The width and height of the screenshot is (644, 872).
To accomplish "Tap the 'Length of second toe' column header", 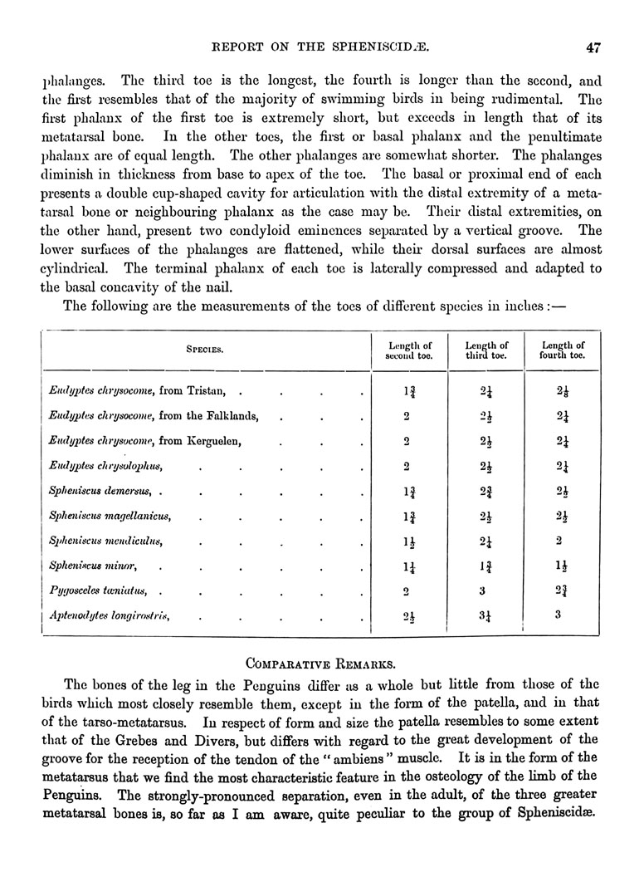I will (x=410, y=350).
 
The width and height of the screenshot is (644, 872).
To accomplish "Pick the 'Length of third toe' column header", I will (x=486, y=350).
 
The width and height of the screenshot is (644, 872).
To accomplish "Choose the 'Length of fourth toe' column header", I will (x=563, y=350).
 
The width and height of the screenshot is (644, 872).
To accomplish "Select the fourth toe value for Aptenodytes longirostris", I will (x=558, y=615).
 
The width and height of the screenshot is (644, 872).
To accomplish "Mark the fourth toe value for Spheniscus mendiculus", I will (x=558, y=541).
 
